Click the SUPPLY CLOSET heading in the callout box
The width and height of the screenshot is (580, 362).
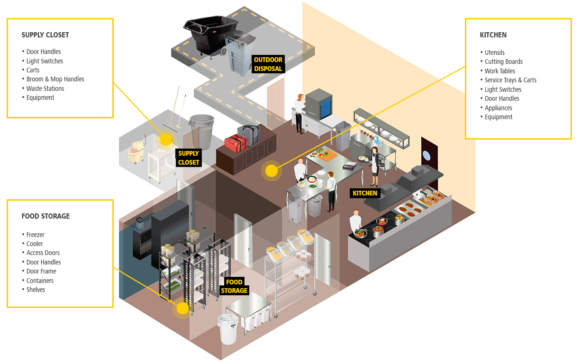(x=45, y=35)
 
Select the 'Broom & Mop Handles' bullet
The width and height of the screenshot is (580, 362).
(x=55, y=79)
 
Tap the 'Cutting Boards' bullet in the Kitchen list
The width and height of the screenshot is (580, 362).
(x=503, y=62)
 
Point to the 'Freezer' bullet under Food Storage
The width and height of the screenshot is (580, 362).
(x=35, y=235)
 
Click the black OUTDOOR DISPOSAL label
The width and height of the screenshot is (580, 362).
(x=268, y=64)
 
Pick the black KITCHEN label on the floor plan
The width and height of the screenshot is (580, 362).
(x=365, y=193)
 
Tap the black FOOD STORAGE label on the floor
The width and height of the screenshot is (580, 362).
(x=235, y=286)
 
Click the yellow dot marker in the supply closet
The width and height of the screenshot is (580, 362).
(x=165, y=140)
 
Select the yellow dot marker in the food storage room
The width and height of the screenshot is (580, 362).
(x=182, y=309)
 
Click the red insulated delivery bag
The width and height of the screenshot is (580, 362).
(x=236, y=142)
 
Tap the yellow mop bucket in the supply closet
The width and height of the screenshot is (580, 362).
(x=136, y=151)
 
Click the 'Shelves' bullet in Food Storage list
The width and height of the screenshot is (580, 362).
(x=36, y=290)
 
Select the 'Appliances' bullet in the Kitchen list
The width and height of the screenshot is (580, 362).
(x=498, y=108)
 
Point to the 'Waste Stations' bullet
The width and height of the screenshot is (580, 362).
(x=45, y=88)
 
